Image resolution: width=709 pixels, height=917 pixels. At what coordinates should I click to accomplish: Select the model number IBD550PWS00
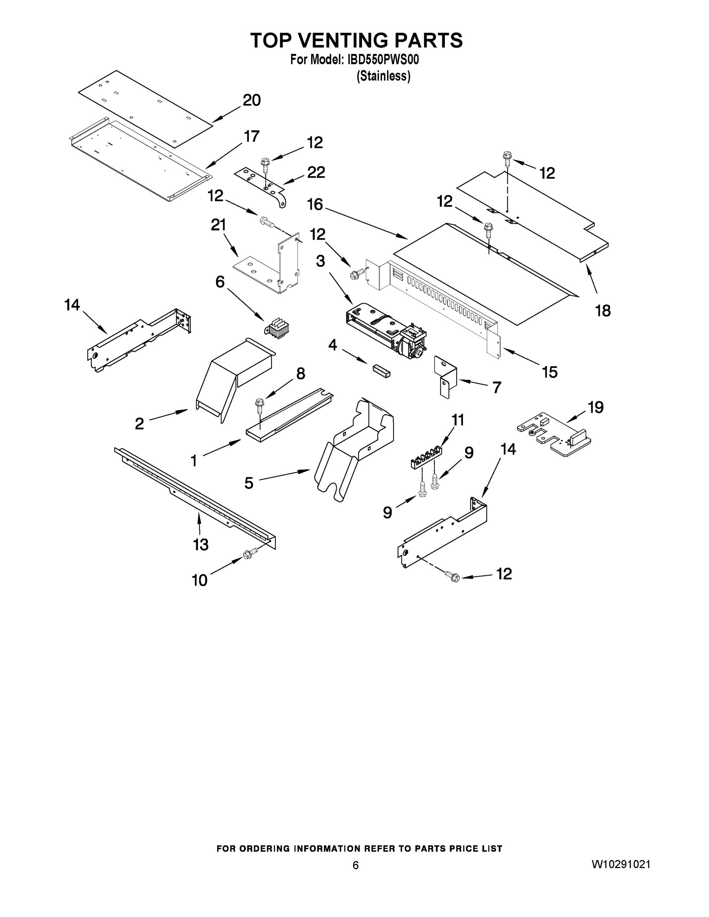click(x=383, y=60)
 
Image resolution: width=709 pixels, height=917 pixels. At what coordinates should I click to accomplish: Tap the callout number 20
click(x=251, y=100)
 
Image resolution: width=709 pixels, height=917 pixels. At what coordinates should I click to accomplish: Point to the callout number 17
click(x=251, y=136)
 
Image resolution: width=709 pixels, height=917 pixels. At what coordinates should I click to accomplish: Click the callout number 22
click(x=316, y=173)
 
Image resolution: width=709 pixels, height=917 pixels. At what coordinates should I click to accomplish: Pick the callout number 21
click(x=218, y=225)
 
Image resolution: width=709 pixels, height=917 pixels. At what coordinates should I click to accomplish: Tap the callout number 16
click(x=315, y=204)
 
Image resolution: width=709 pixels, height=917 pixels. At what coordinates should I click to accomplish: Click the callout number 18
click(x=603, y=311)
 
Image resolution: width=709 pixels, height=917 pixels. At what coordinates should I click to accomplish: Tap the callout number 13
click(x=201, y=544)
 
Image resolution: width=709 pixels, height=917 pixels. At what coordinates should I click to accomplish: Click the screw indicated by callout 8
click(x=259, y=405)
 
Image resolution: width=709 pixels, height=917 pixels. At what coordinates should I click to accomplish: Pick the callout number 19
click(x=595, y=407)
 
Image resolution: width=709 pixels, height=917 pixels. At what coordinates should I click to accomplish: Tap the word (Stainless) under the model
click(x=383, y=76)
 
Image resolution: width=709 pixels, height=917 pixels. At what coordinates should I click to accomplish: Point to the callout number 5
click(x=249, y=483)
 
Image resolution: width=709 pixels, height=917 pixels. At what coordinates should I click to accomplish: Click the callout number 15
click(x=549, y=372)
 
